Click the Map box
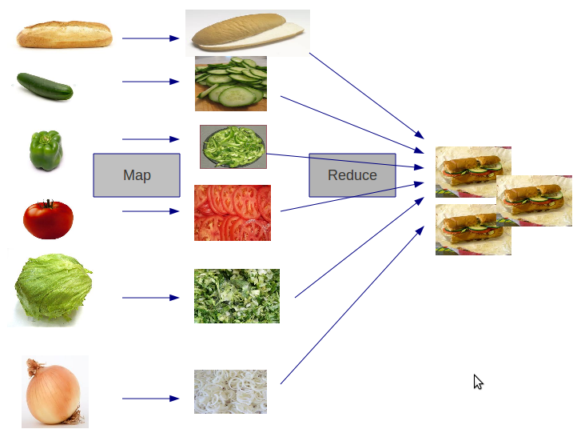[x=137, y=175]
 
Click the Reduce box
[x=352, y=175]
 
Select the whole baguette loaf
[x=65, y=36]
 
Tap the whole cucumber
[x=46, y=86]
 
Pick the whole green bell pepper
[x=46, y=151]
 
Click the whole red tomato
[x=48, y=219]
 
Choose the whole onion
[x=54, y=392]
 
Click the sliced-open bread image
[x=247, y=33]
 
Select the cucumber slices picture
[x=231, y=83]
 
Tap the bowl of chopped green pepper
[x=233, y=146]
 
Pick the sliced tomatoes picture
[x=233, y=213]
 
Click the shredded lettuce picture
[x=237, y=296]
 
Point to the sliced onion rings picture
[x=230, y=391]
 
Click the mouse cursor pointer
[x=478, y=382]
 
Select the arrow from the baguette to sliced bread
[x=150, y=38]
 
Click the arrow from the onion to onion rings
[x=150, y=398]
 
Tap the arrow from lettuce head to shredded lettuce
[x=150, y=298]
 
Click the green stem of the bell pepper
[x=46, y=134]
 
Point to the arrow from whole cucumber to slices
[x=150, y=82]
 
